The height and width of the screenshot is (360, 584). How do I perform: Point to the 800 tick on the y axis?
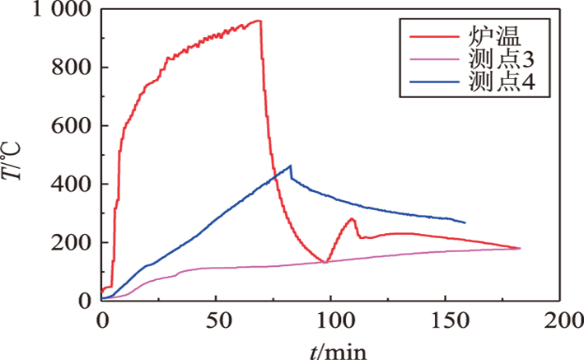[72, 68]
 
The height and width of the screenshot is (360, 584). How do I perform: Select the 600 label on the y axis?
[72, 126]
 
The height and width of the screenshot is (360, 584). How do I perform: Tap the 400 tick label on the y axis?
[72, 185]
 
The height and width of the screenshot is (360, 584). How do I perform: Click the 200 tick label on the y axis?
[72, 243]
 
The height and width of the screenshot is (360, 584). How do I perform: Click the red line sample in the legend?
[427, 36]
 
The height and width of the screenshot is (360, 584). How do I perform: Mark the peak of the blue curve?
[290, 166]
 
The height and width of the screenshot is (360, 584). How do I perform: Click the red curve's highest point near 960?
[259, 21]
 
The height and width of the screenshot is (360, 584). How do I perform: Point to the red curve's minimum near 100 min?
[327, 262]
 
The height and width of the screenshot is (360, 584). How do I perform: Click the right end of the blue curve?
[465, 222]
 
